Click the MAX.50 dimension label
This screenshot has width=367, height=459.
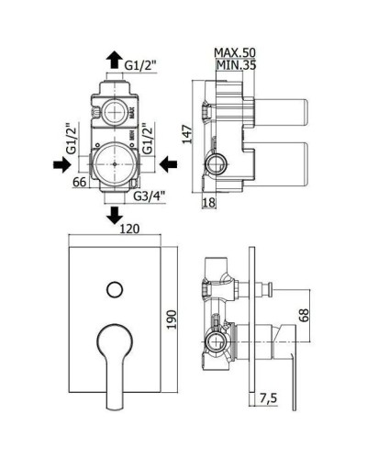235,52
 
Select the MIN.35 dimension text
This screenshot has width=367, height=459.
236,65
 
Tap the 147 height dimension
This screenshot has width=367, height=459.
187,134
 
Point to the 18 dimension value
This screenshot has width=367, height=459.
209,203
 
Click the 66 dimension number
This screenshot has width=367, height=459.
80,182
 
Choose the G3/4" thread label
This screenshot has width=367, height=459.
150,196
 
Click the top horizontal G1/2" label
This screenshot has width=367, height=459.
140,65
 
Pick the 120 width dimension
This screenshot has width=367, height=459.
129,229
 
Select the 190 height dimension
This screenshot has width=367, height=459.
172,319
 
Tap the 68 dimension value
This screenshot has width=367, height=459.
305,315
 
